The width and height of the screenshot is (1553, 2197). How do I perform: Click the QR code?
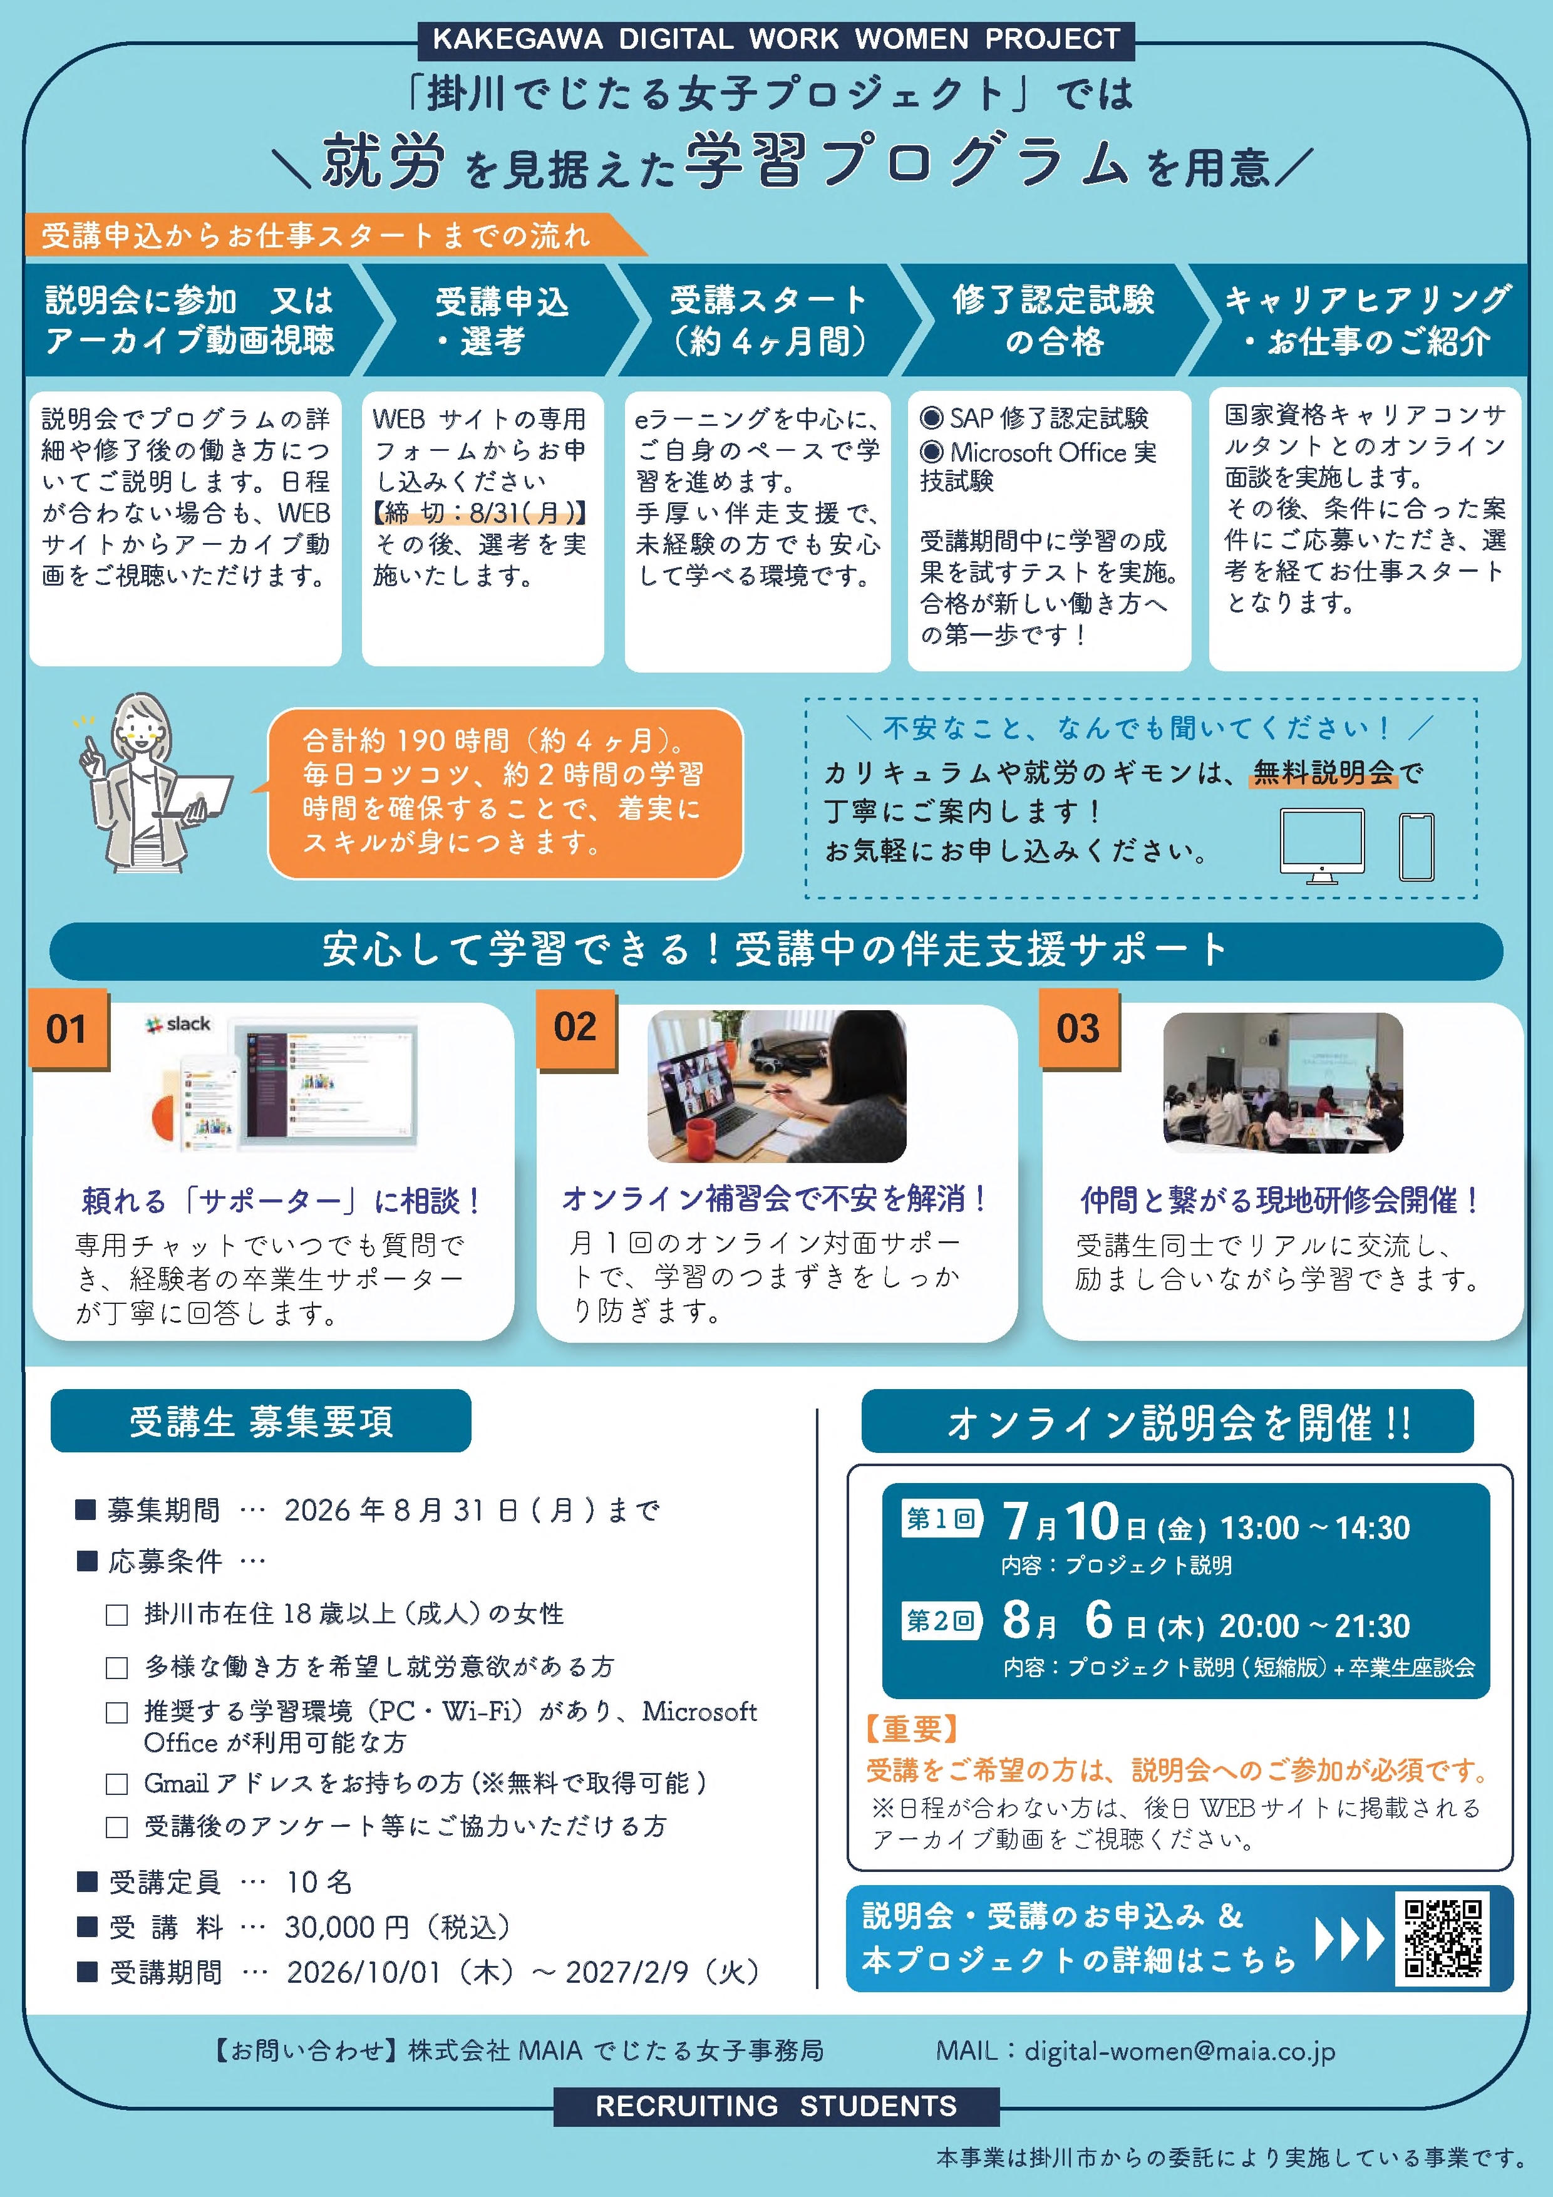1442,1938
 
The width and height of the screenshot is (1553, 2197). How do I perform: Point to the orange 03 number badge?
1078,1028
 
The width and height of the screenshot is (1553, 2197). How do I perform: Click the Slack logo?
178,1024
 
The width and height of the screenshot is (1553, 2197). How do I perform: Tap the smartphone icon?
1416,846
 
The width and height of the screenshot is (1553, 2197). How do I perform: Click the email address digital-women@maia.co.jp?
1180,2050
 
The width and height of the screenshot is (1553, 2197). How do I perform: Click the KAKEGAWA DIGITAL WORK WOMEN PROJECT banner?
776,39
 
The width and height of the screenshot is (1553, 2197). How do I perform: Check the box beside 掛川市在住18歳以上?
116,1615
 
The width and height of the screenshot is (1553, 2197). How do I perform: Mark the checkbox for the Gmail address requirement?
116,1784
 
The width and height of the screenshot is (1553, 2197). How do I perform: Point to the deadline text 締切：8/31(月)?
480,513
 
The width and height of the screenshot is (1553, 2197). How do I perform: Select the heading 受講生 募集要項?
261,1421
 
